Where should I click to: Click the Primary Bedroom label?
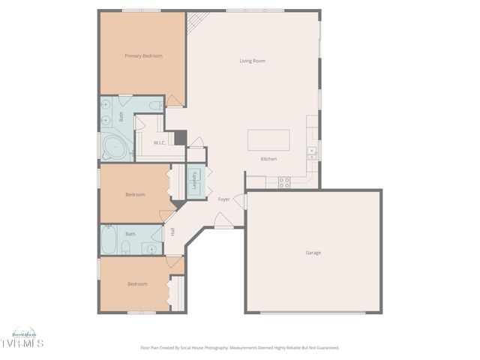point(143,55)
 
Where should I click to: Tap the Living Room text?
point(252,61)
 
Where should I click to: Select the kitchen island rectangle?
point(268,140)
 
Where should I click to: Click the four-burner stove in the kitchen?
point(284,181)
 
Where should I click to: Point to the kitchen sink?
point(311,152)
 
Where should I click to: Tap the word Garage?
point(313,253)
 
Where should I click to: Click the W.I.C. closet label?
point(160,142)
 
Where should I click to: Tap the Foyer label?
point(223,199)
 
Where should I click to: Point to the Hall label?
point(172,232)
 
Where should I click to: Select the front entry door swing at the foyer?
point(223,220)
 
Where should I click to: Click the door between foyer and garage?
point(240,201)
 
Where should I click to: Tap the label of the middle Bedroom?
point(135,194)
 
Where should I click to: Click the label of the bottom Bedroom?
point(137,284)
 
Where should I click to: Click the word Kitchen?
point(268,159)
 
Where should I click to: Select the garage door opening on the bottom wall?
point(313,312)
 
